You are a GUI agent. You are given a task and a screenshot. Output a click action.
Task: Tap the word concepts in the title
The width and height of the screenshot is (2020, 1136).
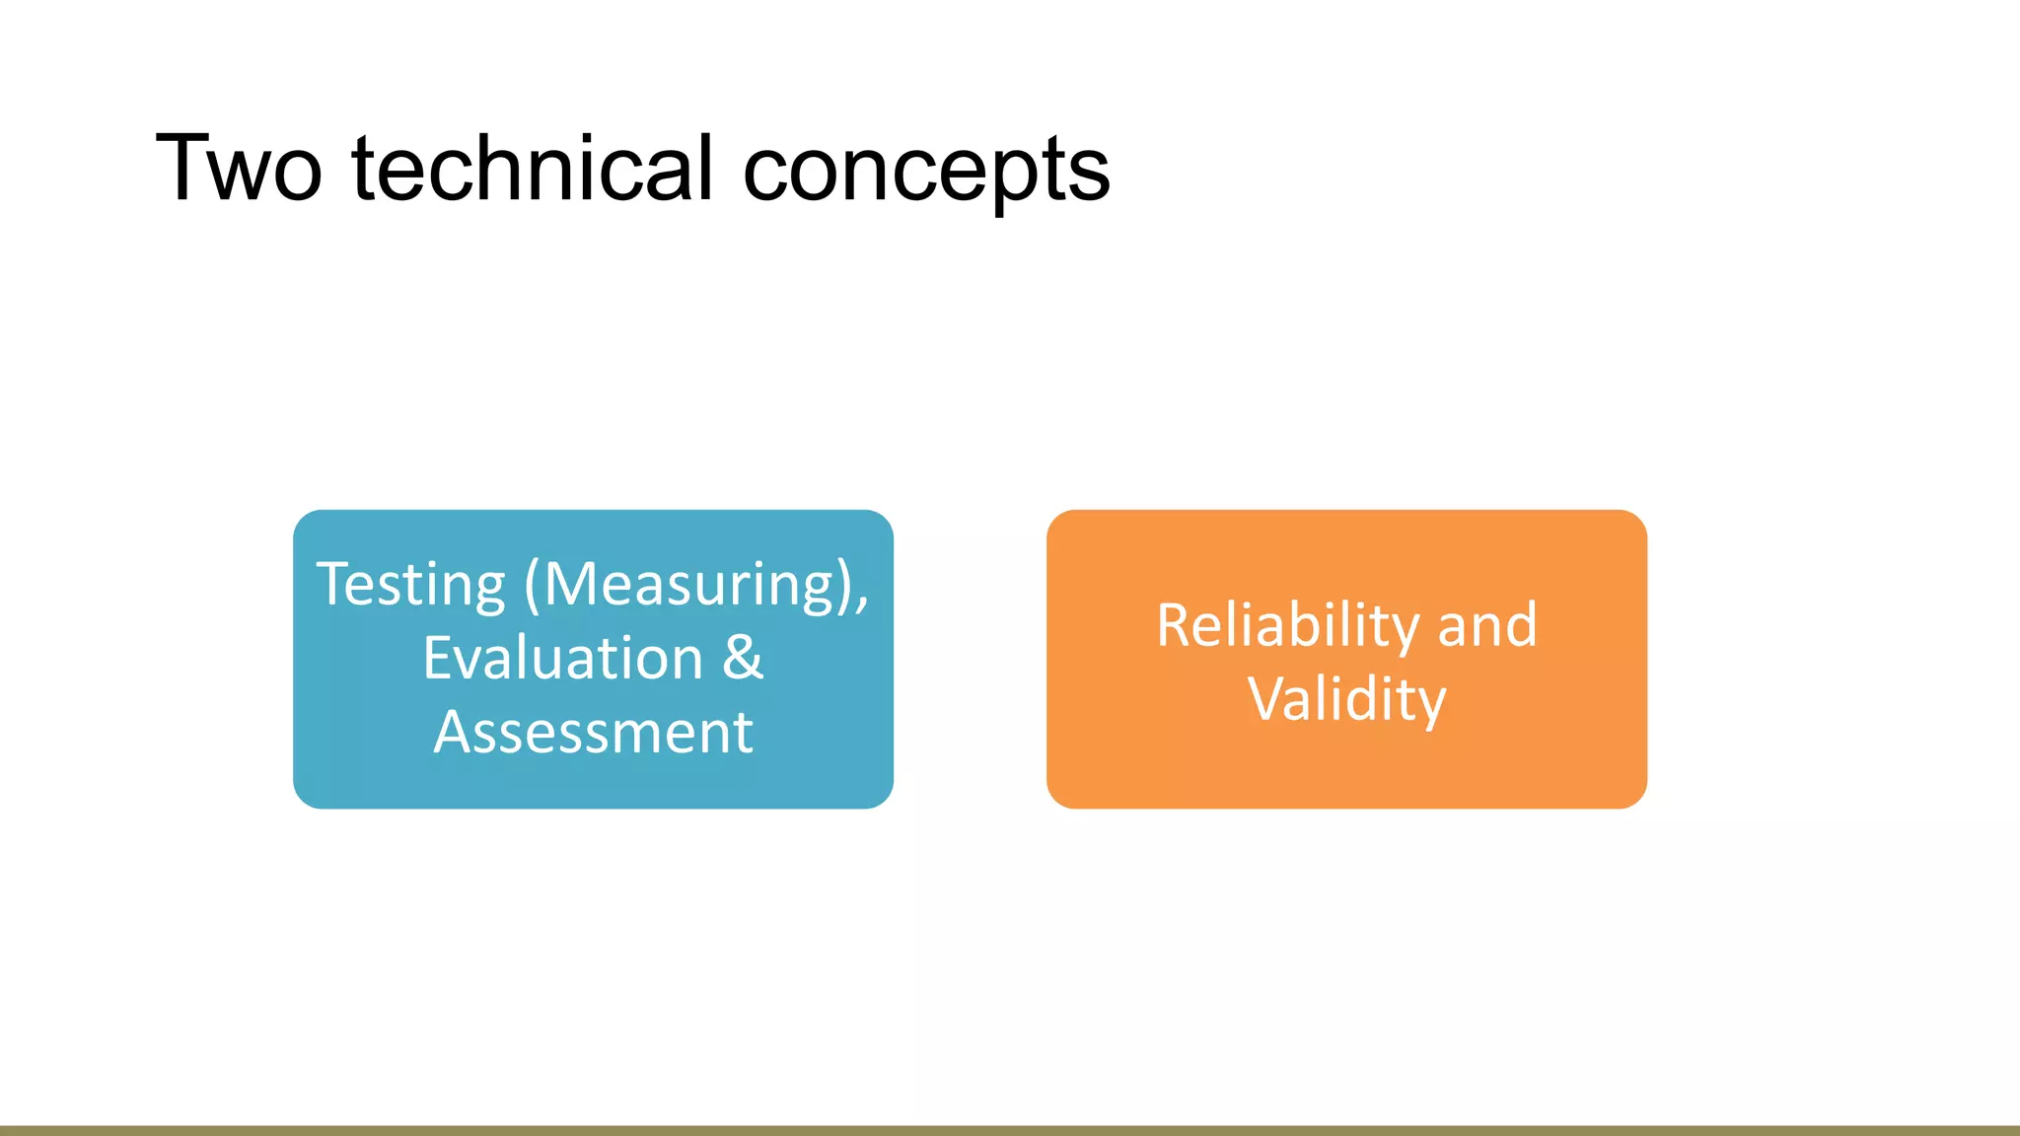926,170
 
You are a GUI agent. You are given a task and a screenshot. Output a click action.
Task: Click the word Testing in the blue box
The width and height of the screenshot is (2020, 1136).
410,585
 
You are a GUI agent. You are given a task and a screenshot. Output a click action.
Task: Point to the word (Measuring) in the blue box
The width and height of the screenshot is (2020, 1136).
690,585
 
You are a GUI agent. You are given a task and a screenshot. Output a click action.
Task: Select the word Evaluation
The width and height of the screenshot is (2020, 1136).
562,658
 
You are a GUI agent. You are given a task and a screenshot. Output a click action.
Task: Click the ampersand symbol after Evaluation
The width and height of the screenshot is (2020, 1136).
743,658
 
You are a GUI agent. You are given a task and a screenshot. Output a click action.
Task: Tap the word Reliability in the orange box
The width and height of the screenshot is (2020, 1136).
1288,625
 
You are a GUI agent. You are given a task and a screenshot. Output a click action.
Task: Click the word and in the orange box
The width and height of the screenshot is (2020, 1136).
1487,625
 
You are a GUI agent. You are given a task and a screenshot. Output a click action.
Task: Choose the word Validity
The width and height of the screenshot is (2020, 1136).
1346,699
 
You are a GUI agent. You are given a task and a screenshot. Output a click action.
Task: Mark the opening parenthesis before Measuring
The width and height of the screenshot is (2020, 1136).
532,585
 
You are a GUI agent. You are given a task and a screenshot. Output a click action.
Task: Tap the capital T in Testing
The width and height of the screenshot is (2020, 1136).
332,584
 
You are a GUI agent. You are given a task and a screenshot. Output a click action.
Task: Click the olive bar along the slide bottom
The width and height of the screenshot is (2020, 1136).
1010,1130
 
